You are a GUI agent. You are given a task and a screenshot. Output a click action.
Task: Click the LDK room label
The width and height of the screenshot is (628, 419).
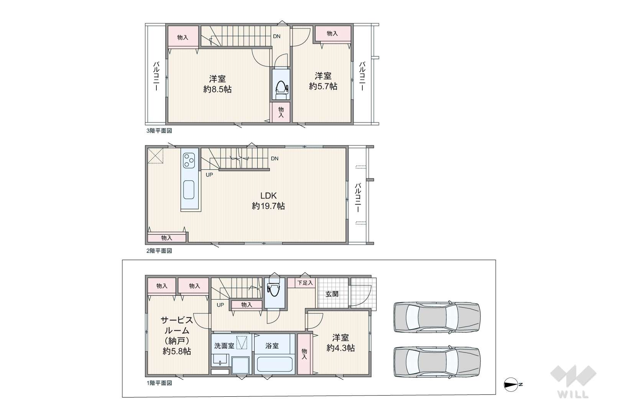(x=269, y=196)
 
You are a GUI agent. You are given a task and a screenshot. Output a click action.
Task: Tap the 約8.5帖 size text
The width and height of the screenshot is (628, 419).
(x=217, y=89)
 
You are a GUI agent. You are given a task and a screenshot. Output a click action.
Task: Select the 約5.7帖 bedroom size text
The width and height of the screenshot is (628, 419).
(x=323, y=86)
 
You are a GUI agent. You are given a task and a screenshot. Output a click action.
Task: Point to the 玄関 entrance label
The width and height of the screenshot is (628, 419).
(x=332, y=294)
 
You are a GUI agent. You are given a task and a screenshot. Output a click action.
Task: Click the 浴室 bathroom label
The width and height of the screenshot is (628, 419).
(x=272, y=346)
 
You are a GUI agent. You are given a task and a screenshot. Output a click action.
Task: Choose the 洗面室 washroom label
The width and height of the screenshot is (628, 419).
(x=224, y=346)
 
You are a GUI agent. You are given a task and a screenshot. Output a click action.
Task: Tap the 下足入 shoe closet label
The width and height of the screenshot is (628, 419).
(x=305, y=283)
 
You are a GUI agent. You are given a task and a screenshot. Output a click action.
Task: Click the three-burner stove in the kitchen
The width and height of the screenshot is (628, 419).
(x=189, y=160)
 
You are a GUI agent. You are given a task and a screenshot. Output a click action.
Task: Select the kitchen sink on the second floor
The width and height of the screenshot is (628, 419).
(x=189, y=190)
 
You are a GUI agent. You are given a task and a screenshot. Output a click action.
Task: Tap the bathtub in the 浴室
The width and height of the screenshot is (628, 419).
(x=275, y=364)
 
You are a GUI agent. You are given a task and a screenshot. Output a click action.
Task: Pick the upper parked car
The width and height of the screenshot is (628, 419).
(x=437, y=317)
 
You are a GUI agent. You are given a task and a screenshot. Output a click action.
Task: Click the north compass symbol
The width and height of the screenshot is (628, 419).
(x=511, y=384)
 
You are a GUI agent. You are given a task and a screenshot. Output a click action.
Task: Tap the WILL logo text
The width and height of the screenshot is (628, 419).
(x=573, y=394)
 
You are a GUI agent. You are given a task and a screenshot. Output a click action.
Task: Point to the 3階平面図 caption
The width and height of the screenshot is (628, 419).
(x=159, y=131)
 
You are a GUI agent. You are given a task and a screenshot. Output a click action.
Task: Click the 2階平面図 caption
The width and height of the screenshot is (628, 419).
(x=159, y=251)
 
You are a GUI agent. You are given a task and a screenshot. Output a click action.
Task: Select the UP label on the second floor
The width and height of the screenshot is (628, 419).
(x=209, y=175)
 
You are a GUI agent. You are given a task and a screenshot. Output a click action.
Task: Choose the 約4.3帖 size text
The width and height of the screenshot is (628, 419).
(x=340, y=348)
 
